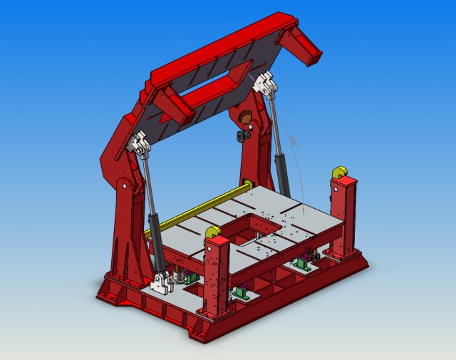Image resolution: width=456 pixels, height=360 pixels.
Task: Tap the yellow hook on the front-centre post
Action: (212, 232)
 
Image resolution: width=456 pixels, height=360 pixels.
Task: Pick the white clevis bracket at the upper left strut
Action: (139, 145)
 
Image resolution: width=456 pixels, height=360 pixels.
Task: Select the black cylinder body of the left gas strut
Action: (154, 232)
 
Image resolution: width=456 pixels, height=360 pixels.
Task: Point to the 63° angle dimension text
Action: (294, 143)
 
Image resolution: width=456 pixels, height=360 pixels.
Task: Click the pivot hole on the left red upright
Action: (125, 187)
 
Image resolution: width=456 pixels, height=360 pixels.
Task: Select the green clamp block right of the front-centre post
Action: (241, 292)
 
